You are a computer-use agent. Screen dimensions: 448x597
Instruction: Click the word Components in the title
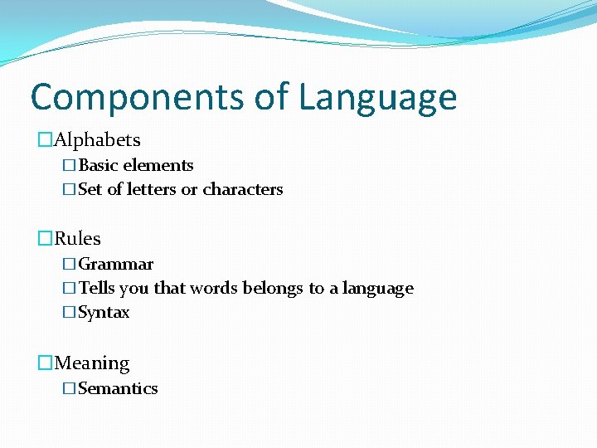pyautogui.click(x=137, y=96)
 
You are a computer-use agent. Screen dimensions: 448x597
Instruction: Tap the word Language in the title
pyautogui.click(x=377, y=98)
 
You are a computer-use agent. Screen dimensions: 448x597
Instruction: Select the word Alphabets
pyautogui.click(x=97, y=140)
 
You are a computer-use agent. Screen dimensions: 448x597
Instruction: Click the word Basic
pyautogui.click(x=98, y=165)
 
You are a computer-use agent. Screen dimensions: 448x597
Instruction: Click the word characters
pyautogui.click(x=243, y=189)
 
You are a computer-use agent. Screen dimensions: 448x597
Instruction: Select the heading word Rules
pyautogui.click(x=77, y=239)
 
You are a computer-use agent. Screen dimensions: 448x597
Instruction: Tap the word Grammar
pyautogui.click(x=116, y=265)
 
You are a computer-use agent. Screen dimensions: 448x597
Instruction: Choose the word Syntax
pyautogui.click(x=104, y=313)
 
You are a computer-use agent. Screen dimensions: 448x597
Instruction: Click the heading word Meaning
pyautogui.click(x=91, y=363)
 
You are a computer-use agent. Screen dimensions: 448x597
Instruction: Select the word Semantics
pyautogui.click(x=118, y=388)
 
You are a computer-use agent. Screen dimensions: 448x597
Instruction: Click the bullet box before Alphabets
pyautogui.click(x=45, y=140)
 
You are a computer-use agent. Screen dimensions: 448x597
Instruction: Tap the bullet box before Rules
pyautogui.click(x=45, y=239)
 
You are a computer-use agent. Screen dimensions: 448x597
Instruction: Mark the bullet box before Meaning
pyautogui.click(x=45, y=363)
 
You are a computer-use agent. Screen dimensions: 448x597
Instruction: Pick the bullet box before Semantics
pyautogui.click(x=69, y=388)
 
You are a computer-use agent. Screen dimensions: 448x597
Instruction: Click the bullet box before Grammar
pyautogui.click(x=69, y=265)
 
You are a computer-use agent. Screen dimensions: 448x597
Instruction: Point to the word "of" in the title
pyautogui.click(x=270, y=96)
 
